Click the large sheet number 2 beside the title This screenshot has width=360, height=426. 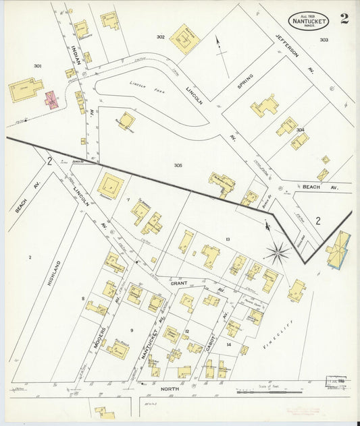click(344, 19)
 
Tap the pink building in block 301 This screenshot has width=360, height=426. click(51, 100)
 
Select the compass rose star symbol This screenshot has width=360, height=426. click(277, 253)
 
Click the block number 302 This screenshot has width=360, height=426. click(161, 37)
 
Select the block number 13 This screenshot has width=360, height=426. click(228, 239)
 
